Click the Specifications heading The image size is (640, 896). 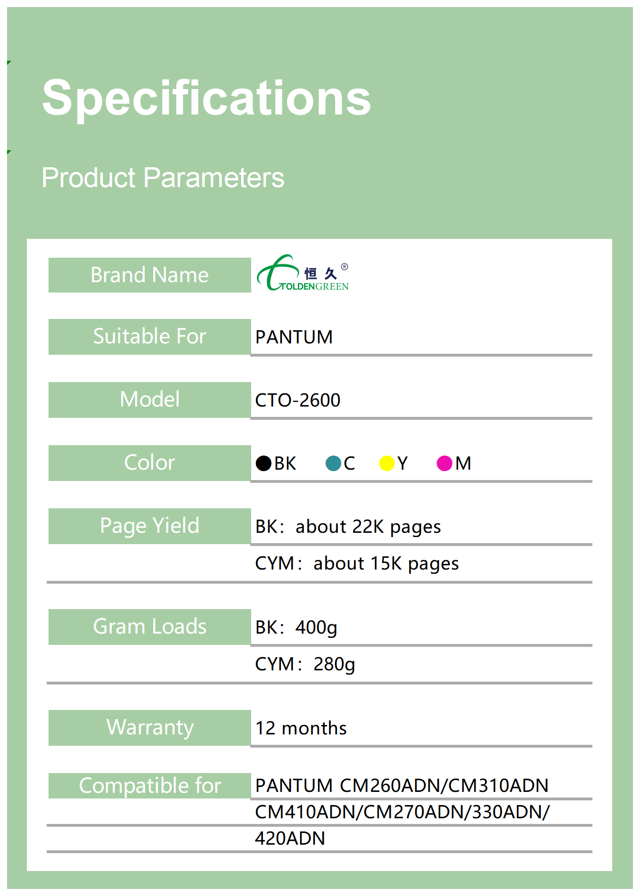[x=206, y=98]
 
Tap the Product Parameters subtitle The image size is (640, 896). [x=163, y=178]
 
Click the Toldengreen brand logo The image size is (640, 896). [x=303, y=273]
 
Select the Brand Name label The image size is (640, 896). [x=149, y=275]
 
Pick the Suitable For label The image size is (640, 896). [x=149, y=336]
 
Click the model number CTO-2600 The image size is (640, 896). [x=298, y=400]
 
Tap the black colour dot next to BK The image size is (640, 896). [x=263, y=463]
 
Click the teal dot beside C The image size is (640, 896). [x=333, y=463]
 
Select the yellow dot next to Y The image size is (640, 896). [x=387, y=463]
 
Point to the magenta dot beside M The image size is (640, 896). [x=444, y=463]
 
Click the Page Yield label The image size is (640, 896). [x=149, y=526]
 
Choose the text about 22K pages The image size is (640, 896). [x=368, y=527]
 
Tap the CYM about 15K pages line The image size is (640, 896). [x=357, y=564]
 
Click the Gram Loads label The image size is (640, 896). [x=149, y=627]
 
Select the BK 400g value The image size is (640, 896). [x=296, y=628]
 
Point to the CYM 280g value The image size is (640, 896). [x=305, y=665]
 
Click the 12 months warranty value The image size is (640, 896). [x=301, y=728]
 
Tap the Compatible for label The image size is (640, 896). [x=150, y=786]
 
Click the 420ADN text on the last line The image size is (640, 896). [x=290, y=839]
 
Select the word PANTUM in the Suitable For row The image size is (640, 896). [x=294, y=337]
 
